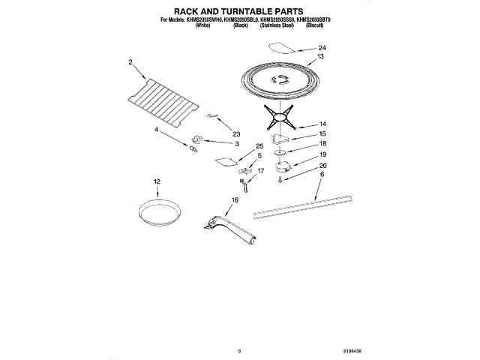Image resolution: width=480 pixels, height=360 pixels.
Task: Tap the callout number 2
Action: [130, 62]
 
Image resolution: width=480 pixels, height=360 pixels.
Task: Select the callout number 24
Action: [322, 48]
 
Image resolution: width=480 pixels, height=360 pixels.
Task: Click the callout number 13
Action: [320, 57]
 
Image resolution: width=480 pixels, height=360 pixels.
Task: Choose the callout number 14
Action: [322, 124]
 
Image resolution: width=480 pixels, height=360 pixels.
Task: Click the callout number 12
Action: [157, 181]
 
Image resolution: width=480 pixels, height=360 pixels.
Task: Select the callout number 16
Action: [234, 200]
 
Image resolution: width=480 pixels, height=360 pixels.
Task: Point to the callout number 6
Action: [322, 175]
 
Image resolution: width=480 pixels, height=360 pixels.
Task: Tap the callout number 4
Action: [157, 130]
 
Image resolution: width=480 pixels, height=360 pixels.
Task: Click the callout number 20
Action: [323, 166]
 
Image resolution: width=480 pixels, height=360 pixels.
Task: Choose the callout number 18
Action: [322, 143]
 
